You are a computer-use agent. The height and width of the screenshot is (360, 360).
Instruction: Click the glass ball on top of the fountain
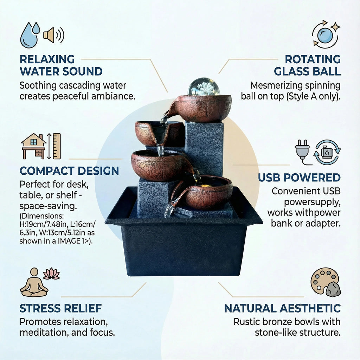[x=204, y=87]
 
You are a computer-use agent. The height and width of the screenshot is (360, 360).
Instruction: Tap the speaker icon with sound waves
[x=54, y=35]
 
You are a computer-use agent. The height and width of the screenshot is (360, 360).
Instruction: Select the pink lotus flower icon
[x=51, y=274]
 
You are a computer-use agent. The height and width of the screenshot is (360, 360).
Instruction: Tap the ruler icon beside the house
[x=57, y=146]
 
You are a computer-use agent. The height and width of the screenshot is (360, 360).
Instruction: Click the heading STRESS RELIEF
[x=60, y=308]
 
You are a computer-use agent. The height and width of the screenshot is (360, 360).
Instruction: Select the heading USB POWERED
[x=299, y=178]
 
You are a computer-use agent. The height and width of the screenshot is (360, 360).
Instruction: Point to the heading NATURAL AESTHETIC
[x=282, y=308]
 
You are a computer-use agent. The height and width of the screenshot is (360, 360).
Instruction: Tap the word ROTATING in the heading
[x=313, y=59]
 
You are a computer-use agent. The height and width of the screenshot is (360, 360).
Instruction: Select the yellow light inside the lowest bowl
[x=205, y=185]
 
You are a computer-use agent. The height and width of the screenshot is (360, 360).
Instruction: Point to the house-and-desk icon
[x=34, y=146]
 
